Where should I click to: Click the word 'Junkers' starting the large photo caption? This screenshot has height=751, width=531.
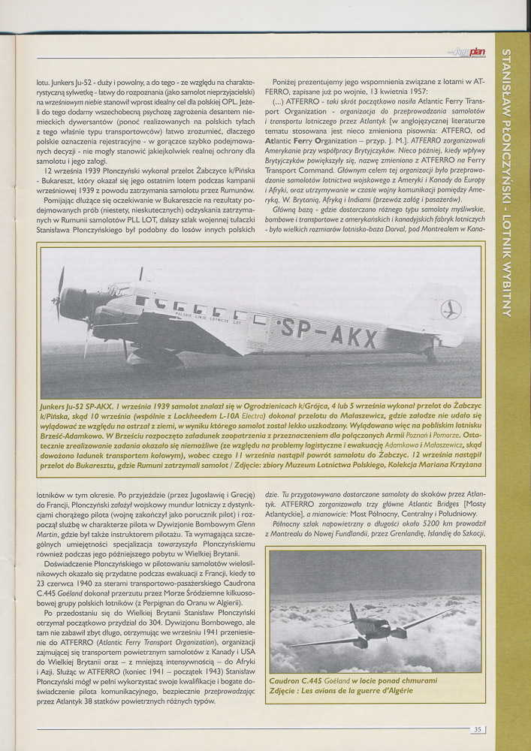tap(58, 406)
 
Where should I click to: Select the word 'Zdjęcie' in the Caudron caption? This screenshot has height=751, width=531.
tap(285, 690)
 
